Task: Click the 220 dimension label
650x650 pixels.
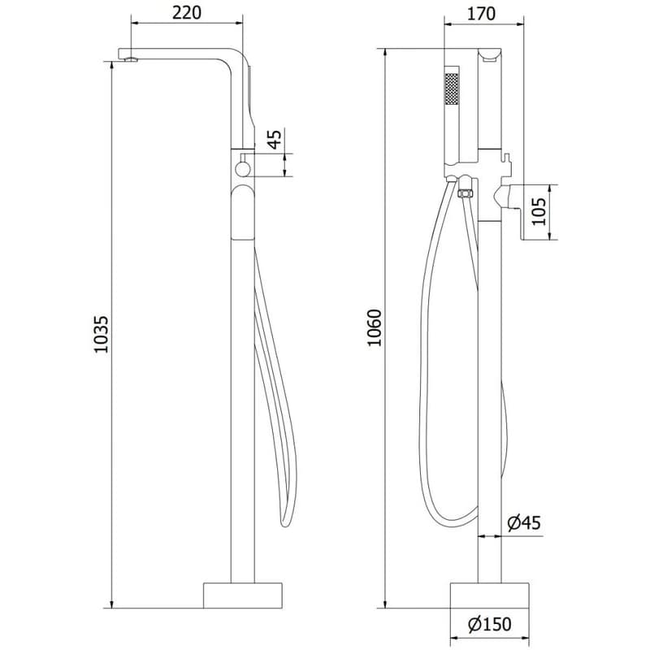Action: (187, 13)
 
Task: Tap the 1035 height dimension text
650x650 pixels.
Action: (101, 335)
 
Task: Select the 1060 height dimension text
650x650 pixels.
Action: (375, 328)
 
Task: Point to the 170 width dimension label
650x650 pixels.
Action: (481, 14)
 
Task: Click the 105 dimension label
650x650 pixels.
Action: (539, 211)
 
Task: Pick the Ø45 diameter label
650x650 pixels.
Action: (524, 523)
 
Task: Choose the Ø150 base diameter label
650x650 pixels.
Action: (489, 625)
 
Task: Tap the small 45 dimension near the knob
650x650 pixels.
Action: (275, 139)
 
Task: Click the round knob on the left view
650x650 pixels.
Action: (241, 169)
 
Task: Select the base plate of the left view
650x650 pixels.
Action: (242, 596)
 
